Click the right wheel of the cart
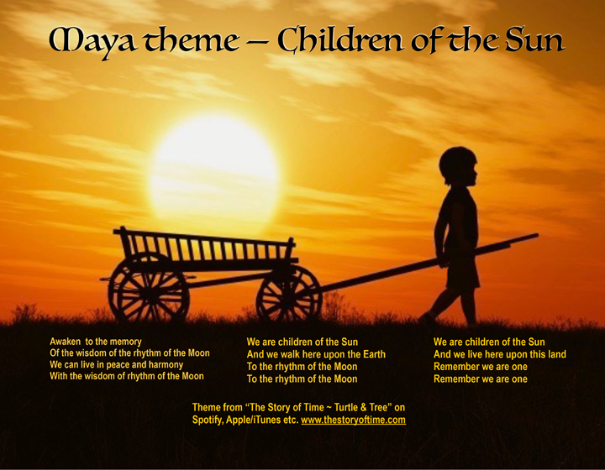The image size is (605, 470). point(288,294)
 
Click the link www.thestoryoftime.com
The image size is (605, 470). point(353,420)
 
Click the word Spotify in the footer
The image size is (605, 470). point(210,420)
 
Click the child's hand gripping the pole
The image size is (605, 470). point(442,261)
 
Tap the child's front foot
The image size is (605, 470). point(427,320)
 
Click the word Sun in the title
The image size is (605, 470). point(534,39)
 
